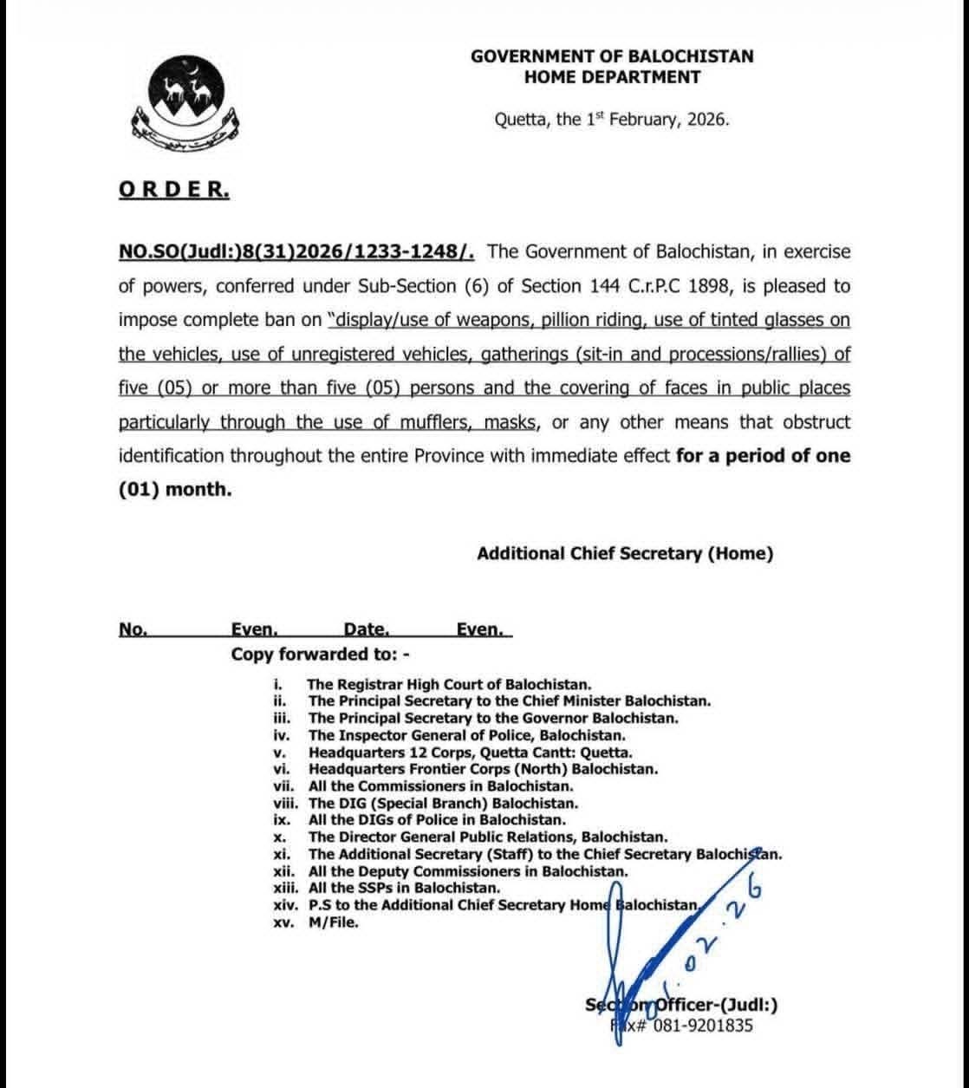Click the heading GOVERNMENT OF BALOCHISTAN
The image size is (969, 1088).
[x=612, y=56]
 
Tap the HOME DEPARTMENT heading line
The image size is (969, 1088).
[x=612, y=77]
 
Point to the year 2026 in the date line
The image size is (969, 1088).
[x=706, y=120]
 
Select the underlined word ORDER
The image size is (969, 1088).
[x=174, y=190]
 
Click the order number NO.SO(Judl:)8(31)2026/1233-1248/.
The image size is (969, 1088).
[x=296, y=252]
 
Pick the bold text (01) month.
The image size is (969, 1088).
[x=175, y=489]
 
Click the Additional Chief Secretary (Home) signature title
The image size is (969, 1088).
[x=624, y=554]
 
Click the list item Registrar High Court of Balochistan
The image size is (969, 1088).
[x=450, y=685]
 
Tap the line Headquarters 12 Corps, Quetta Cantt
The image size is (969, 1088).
[x=470, y=752]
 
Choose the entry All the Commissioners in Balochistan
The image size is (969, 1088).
[x=440, y=786]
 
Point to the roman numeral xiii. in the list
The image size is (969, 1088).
[x=288, y=888]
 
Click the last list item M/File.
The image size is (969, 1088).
[x=333, y=922]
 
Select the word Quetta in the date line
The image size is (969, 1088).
[x=520, y=120]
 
